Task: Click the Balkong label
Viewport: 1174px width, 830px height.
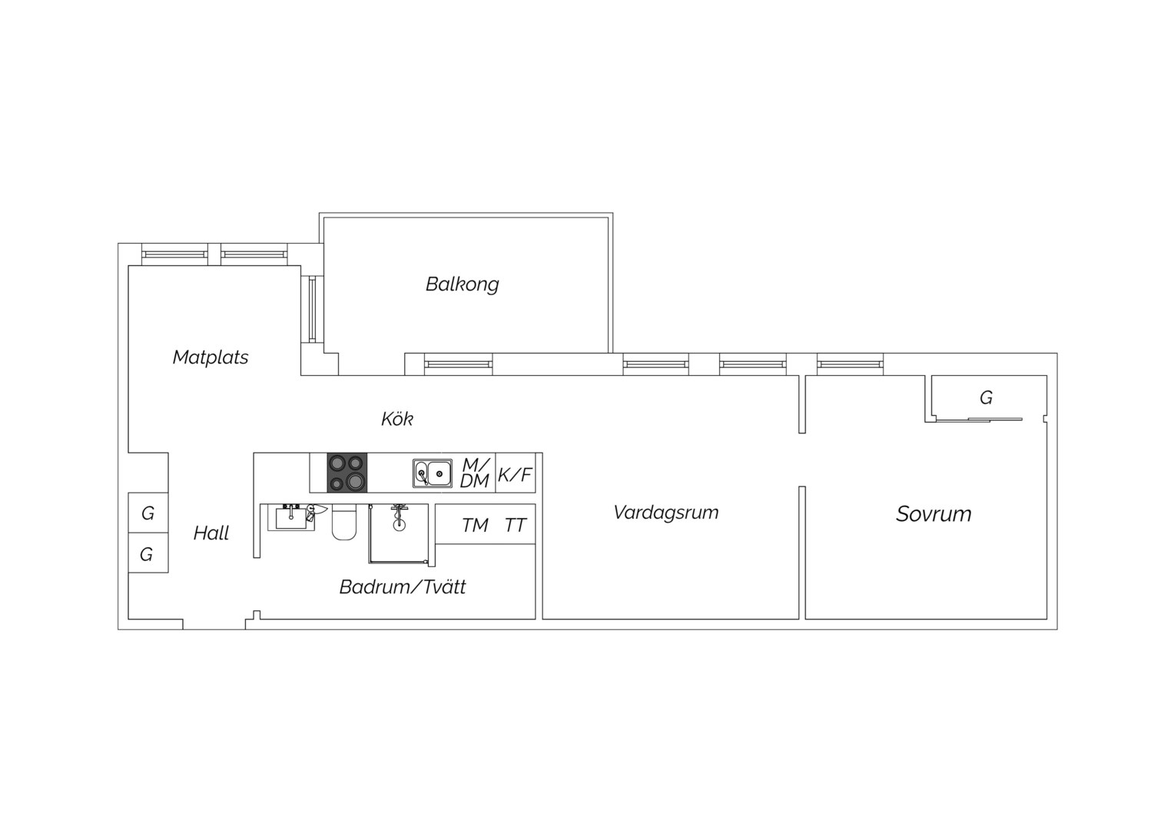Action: coord(462,284)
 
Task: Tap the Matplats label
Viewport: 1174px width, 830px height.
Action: coord(211,357)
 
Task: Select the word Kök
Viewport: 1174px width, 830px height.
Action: coord(396,419)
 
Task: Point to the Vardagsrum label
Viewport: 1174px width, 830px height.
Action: coord(665,513)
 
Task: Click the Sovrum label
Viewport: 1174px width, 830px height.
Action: coord(934,514)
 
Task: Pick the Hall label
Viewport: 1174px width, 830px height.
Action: coord(211,533)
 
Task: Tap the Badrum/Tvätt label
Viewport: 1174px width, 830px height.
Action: coord(403,586)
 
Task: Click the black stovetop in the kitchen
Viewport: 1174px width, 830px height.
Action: coord(347,473)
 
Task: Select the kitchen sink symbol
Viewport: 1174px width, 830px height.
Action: coord(433,473)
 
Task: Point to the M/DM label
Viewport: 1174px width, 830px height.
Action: coord(475,473)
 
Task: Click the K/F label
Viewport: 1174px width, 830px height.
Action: coord(515,474)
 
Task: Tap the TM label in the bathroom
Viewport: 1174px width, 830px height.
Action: coord(475,525)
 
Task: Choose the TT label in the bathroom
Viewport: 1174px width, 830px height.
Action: coord(516,525)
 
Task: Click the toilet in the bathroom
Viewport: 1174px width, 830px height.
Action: coord(343,523)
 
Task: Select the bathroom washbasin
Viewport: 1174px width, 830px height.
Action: coord(291,518)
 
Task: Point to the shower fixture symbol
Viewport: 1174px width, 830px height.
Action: coord(400,517)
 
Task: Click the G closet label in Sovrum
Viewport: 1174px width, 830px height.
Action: coord(986,398)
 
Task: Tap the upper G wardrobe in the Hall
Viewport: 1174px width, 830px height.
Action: coord(148,513)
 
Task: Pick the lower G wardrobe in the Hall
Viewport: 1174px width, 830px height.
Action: coord(148,553)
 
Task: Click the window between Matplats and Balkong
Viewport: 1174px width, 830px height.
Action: coord(313,310)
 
